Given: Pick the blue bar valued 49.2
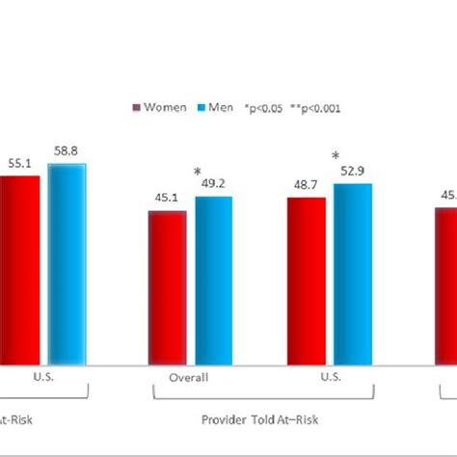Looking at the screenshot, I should pos(213,280).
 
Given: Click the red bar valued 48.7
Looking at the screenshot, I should pos(306,280).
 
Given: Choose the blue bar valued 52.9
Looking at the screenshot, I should pos(352,274).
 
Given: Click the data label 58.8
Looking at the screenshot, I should pos(67,151).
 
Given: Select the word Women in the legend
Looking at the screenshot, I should pos(165,108).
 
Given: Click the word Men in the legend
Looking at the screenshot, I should pos(220,108).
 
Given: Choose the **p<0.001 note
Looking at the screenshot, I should pos(320,108).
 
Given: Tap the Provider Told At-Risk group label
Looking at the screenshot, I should pos(259,419).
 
